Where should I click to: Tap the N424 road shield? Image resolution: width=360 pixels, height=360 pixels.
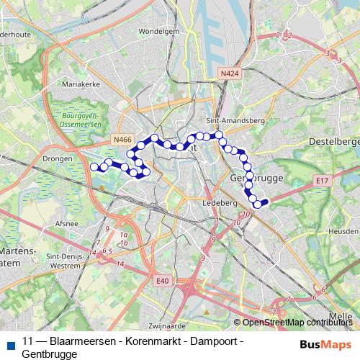(229, 73)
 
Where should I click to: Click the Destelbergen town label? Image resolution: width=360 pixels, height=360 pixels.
(333, 142)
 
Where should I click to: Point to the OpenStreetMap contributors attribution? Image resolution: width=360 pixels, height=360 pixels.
(296, 323)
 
